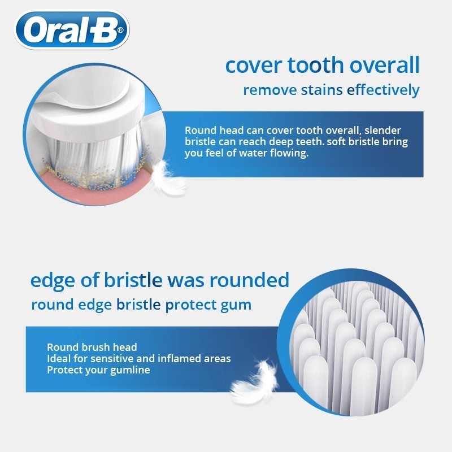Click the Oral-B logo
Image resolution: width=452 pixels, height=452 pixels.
pyautogui.click(x=72, y=30)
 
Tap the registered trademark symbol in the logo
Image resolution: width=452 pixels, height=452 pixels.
pyautogui.click(x=120, y=30)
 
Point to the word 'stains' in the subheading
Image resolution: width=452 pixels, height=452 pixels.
pyautogui.click(x=321, y=90)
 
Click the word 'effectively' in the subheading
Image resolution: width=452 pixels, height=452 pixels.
pyautogui.click(x=383, y=90)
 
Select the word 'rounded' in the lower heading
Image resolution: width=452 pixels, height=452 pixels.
pyautogui.click(x=249, y=280)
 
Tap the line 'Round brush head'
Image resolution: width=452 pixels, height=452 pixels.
pyautogui.click(x=92, y=347)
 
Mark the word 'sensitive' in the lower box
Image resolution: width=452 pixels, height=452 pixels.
pyautogui.click(x=110, y=359)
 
